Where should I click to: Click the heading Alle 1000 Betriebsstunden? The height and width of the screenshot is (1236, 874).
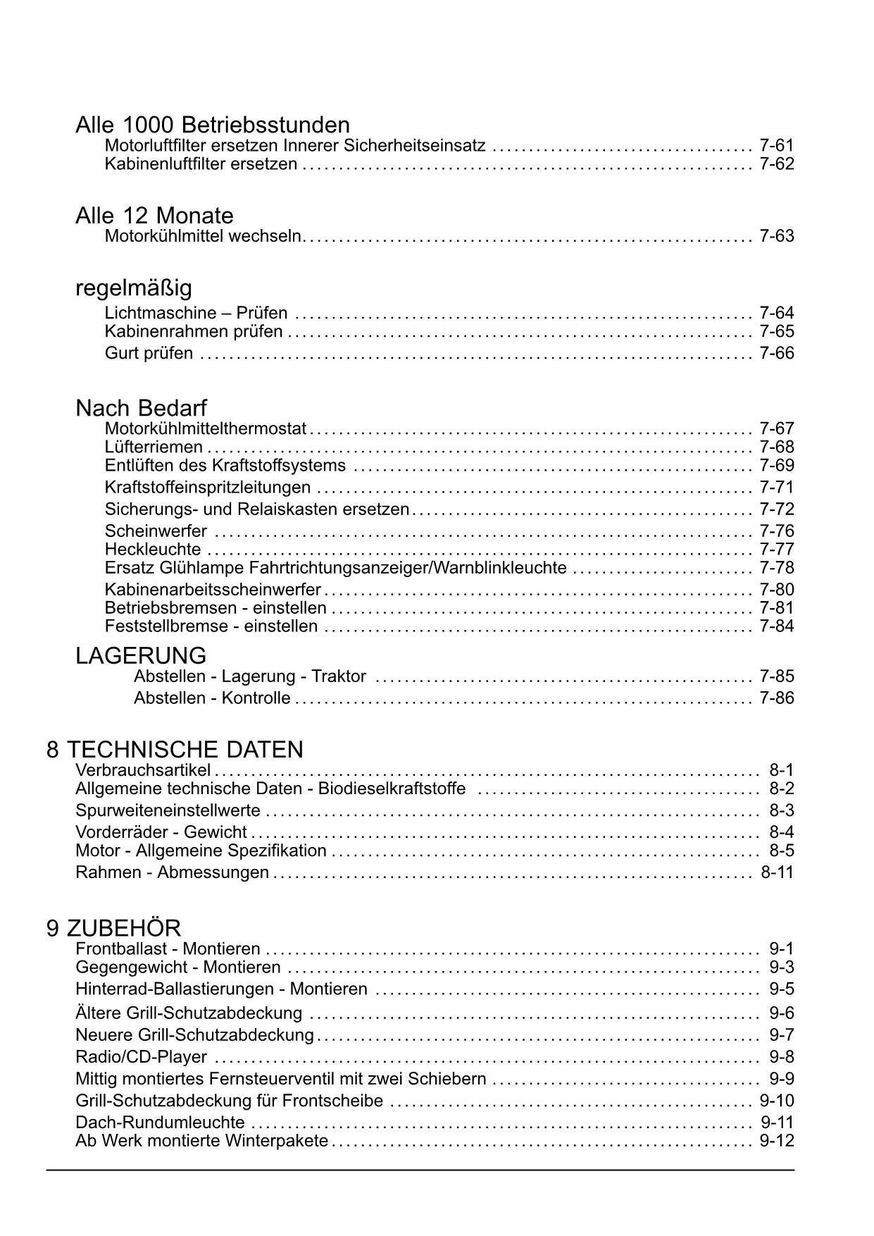[x=212, y=125]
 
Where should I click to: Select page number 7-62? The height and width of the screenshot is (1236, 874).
[x=776, y=164]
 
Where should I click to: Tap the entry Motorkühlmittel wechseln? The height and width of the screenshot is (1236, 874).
[x=203, y=236]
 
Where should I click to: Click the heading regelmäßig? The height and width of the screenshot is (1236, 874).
[x=133, y=288]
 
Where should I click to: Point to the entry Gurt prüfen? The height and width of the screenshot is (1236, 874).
[x=149, y=353]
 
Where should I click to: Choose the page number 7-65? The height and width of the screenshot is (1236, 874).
[x=776, y=331]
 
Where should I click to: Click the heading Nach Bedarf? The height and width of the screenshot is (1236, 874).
[x=141, y=408]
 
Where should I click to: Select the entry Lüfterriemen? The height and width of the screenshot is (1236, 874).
[x=154, y=447]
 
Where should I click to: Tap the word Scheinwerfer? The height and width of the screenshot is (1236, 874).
[x=156, y=531]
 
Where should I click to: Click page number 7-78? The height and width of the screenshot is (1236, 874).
[x=776, y=567]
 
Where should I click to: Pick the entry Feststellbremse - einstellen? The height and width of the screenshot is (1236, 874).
[x=211, y=626]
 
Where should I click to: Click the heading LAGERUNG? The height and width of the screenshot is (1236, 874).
[x=141, y=655]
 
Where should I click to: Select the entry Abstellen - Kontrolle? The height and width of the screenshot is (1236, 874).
[x=212, y=698]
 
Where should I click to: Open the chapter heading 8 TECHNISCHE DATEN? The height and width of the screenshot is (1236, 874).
[x=175, y=749]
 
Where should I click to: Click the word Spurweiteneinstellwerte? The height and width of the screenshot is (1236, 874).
[x=168, y=810]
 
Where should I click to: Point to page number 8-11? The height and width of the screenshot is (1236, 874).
[x=777, y=872]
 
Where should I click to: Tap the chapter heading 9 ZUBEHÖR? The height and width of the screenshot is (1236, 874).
[x=113, y=928]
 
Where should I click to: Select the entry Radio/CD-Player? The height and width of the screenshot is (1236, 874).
[x=141, y=1057]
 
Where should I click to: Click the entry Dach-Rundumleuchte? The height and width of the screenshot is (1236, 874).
[x=160, y=1123]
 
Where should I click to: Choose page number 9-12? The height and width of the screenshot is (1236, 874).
[x=776, y=1141]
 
